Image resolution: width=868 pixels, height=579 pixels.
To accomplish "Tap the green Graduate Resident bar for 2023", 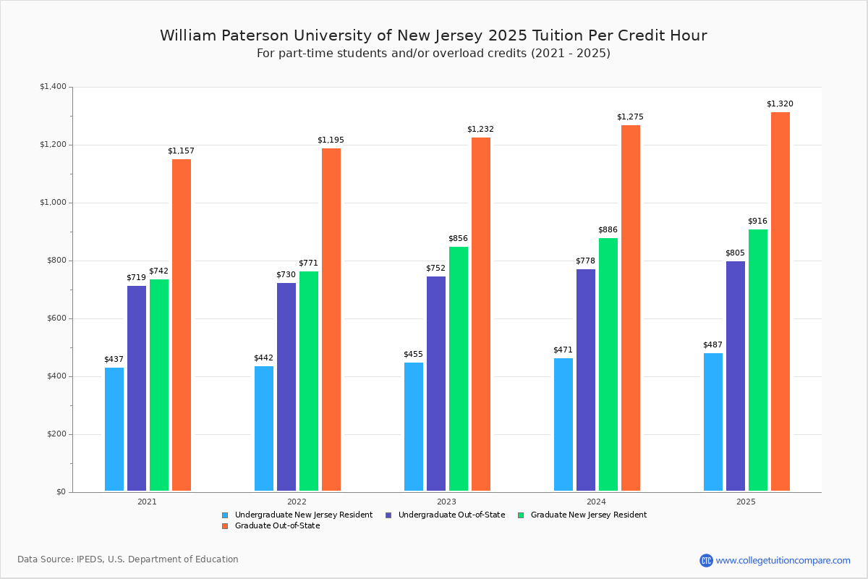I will [459, 368].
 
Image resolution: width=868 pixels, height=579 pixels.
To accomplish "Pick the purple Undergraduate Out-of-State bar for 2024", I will [586, 380].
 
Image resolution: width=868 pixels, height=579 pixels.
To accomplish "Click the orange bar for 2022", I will [331, 319].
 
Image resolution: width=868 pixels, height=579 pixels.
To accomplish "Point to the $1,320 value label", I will [780, 104].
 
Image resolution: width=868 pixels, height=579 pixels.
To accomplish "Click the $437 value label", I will [114, 360].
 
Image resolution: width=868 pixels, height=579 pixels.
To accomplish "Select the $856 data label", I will [458, 239].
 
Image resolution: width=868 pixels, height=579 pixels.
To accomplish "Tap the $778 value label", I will [585, 261].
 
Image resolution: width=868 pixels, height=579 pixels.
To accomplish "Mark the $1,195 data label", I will [331, 140].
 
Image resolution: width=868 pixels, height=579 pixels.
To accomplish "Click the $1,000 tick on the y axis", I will [52, 203].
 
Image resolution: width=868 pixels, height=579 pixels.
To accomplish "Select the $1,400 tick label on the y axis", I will [52, 87].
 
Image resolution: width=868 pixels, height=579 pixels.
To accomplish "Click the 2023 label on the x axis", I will [446, 502].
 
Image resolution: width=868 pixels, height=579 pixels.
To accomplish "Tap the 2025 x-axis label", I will [746, 502].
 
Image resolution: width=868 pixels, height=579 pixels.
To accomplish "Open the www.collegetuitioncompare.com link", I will [783, 560].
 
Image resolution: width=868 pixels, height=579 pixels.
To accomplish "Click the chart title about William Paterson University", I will [433, 35].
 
